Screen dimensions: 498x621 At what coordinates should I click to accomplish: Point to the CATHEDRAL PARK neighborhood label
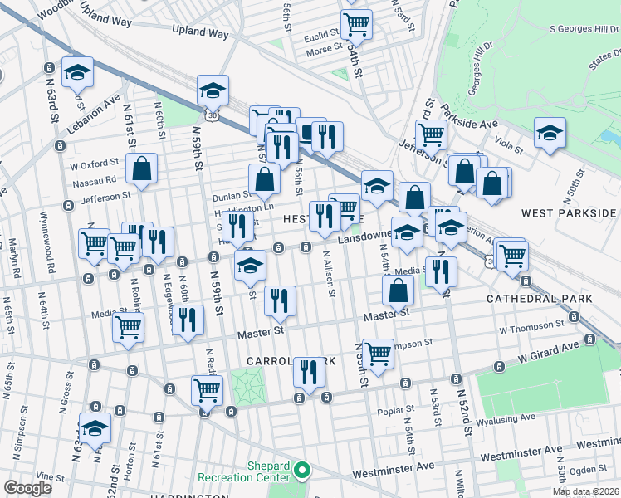540,298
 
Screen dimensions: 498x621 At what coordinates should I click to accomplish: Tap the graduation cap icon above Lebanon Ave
77,72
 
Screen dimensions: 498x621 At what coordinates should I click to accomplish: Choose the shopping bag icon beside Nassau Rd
142,169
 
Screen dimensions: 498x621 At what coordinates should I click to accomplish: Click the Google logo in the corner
27,488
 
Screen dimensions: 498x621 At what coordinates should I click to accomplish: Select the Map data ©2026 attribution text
585,491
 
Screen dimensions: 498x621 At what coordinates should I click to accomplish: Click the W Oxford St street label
97,164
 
